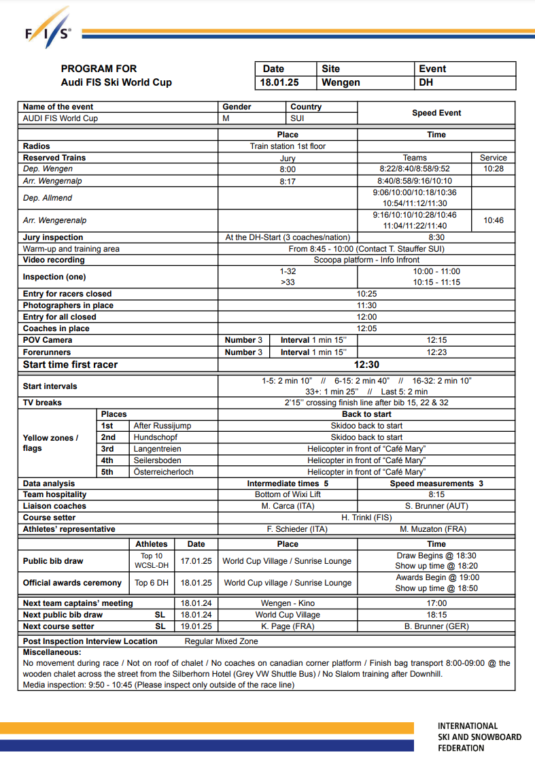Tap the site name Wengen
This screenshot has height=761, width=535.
341,83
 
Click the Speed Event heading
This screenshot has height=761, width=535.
436,113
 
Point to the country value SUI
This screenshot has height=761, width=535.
297,118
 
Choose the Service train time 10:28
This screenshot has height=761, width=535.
494,169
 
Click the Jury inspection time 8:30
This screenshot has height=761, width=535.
436,237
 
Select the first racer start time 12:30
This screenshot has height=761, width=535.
366,365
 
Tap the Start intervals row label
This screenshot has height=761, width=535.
50,386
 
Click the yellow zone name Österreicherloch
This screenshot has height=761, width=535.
164,472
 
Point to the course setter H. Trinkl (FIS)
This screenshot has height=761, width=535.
366,518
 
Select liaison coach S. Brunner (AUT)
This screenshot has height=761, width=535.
436,506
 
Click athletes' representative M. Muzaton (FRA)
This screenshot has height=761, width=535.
436,529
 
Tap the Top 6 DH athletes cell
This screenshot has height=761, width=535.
152,583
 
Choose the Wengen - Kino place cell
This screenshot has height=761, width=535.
288,603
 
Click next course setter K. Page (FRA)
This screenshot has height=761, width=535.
288,626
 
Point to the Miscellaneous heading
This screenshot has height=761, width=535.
52,652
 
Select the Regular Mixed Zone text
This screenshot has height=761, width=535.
222,641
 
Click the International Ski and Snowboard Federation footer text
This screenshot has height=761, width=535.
479,737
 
